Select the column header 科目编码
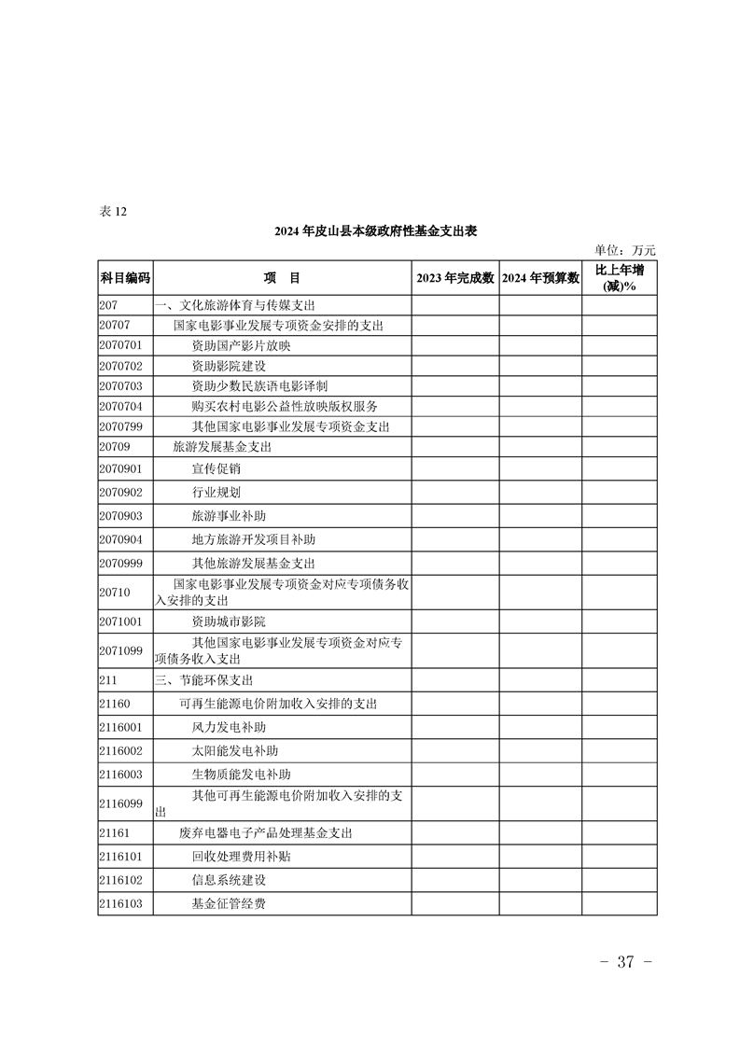pyautogui.click(x=125, y=278)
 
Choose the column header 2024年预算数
pyautogui.click(x=540, y=278)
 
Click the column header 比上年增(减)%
pyautogui.click(x=620, y=278)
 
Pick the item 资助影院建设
pyautogui.click(x=229, y=366)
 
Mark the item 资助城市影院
pyautogui.click(x=229, y=621)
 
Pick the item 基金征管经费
pyautogui.click(x=229, y=903)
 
